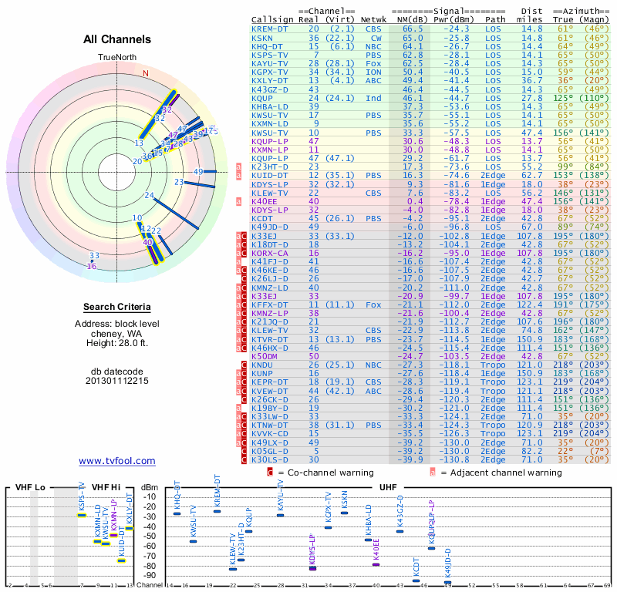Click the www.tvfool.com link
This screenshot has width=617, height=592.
tap(117, 461)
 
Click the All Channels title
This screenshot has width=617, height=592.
tap(117, 39)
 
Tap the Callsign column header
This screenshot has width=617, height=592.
tap(272, 20)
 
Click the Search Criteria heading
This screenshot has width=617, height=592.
tap(117, 307)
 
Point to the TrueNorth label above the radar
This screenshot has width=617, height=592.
tap(116, 58)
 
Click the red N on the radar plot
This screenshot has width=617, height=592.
tap(145, 74)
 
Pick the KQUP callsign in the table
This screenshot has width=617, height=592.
tap(262, 99)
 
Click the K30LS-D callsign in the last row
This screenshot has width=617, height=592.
tap(269, 460)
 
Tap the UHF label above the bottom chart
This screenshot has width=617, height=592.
tap(388, 487)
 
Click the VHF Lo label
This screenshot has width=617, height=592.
tap(30, 487)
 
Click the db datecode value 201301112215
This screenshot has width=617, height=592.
tap(117, 381)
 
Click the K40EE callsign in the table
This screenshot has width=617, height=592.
tap(265, 200)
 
